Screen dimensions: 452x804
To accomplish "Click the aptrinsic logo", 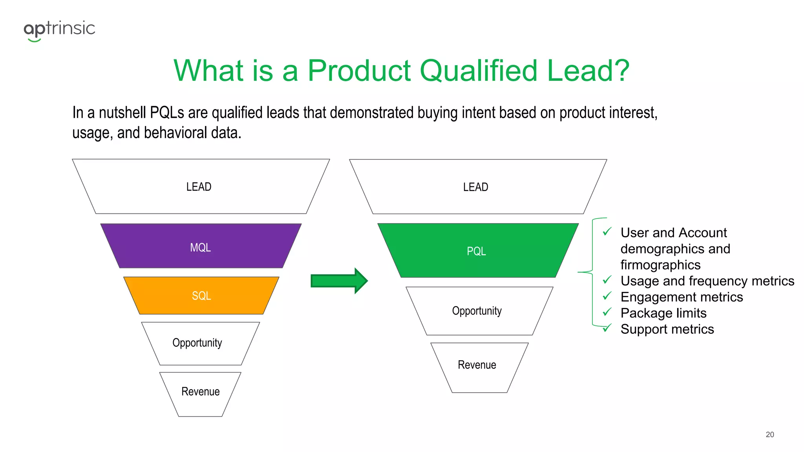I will (x=59, y=30).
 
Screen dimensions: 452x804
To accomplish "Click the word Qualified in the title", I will (x=478, y=71).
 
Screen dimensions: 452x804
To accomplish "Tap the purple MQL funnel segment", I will (x=201, y=246).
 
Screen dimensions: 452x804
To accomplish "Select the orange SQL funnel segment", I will (x=201, y=295).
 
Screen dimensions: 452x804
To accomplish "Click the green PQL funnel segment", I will (x=477, y=251).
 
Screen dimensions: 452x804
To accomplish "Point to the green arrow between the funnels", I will (x=339, y=281).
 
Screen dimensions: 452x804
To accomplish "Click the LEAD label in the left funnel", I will (x=199, y=187).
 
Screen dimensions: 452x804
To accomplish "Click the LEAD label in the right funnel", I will (x=475, y=187).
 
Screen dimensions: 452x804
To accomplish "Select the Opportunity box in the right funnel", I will (x=477, y=311).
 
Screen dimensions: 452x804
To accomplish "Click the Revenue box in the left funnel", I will (x=200, y=392).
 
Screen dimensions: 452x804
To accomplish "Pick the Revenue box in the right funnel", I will (x=477, y=365).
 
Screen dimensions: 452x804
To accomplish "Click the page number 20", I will (x=769, y=434).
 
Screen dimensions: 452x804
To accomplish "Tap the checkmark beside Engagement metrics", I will (x=607, y=296).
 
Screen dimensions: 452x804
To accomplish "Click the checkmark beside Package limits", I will (x=607, y=312).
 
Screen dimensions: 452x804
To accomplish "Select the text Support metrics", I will (x=667, y=329).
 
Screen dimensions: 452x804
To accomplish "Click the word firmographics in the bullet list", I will (x=660, y=265).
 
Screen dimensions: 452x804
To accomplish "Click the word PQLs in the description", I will (x=167, y=113).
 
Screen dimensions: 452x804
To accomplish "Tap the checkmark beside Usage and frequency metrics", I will (x=607, y=280).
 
